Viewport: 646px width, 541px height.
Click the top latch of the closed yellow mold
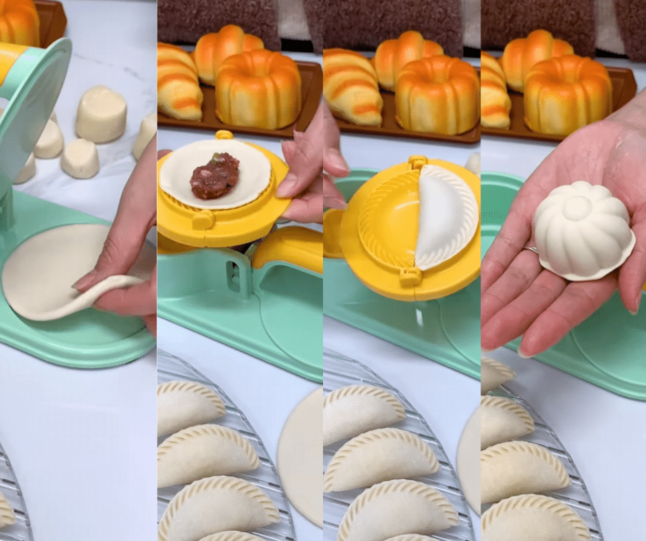pyautogui.click(x=417, y=163)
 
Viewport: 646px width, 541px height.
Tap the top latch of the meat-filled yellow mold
pyautogui.click(x=223, y=135)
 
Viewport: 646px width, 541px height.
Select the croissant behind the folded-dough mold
pyautogui.click(x=352, y=87)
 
